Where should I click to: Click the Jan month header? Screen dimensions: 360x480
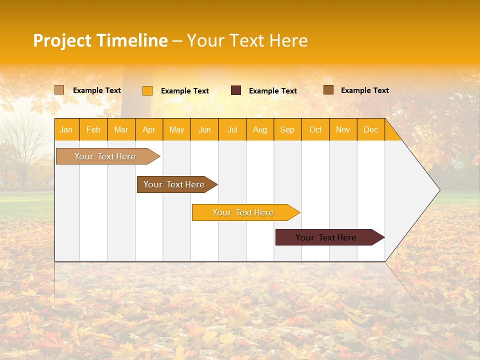point(66,130)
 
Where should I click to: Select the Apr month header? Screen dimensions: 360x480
point(149,130)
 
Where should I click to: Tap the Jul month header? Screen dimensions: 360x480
point(232,130)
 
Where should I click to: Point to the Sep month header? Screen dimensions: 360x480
point(287,130)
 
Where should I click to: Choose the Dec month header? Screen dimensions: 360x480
point(371,130)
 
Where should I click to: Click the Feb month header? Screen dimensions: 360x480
point(93,130)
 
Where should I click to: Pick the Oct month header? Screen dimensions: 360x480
point(315,130)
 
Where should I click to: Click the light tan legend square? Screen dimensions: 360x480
point(59,90)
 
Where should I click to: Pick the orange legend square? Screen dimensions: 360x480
point(147,90)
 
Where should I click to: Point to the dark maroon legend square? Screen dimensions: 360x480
point(236,90)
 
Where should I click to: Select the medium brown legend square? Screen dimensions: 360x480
point(328,90)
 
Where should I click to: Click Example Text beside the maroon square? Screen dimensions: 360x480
point(273,91)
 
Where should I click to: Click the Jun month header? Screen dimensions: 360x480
point(204,130)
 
